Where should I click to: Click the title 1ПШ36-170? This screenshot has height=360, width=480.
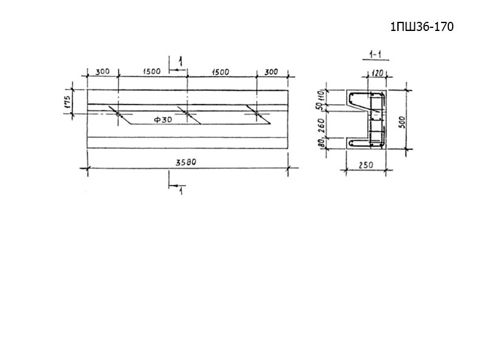point(422,27)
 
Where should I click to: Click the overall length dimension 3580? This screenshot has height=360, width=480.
point(185,162)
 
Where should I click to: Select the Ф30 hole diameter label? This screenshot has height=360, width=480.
point(163,120)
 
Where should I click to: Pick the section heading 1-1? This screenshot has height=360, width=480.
point(375,55)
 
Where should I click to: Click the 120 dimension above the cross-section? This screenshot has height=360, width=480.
point(377,73)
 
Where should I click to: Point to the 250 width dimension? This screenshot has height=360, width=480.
point(366,165)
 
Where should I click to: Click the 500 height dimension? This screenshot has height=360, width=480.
point(402,123)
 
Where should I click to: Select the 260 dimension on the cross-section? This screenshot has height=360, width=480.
point(321,126)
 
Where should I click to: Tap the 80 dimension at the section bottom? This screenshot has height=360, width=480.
point(321,143)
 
